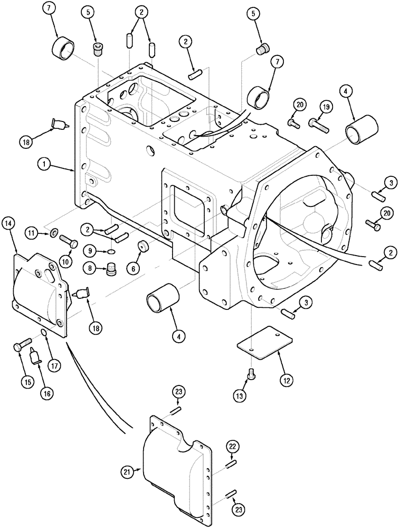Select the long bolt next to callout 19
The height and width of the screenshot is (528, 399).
click(x=320, y=126)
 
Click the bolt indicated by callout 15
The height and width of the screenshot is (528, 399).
click(x=20, y=346)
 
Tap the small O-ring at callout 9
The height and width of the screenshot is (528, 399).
click(x=109, y=252)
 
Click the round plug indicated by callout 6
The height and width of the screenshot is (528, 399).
click(x=141, y=247)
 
